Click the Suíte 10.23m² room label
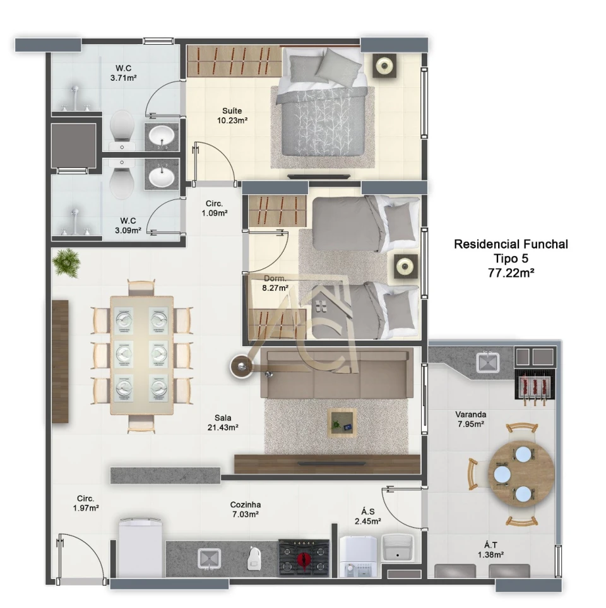232,115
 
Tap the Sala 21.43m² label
223,423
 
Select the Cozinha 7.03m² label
246,510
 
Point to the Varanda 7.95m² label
470,419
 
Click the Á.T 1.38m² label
490,550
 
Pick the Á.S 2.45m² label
367,517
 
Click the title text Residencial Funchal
511,244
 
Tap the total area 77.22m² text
511,273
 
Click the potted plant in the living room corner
67,262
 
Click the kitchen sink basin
209,559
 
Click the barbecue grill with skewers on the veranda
535,384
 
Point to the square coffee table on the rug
342,423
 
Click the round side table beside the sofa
242,366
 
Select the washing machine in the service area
358,556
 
